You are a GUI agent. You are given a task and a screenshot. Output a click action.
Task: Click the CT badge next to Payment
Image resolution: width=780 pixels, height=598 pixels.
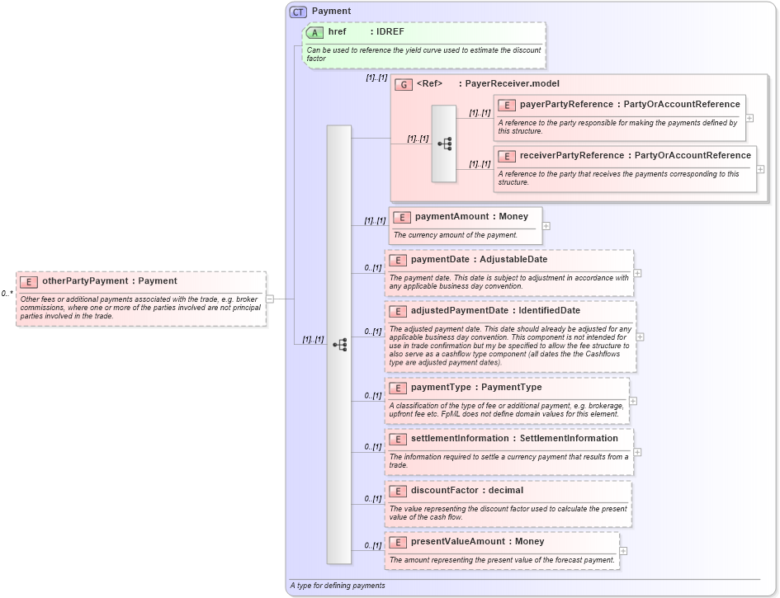tap(298, 12)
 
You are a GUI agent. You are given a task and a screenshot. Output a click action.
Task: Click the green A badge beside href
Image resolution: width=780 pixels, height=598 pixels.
tap(314, 32)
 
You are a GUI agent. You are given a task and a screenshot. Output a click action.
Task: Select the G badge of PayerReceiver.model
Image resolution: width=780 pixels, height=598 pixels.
tap(404, 84)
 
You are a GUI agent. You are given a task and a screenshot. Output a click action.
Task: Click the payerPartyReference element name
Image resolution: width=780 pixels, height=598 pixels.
tap(565, 105)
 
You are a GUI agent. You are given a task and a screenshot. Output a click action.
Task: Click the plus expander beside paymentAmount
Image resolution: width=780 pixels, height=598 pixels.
tap(546, 226)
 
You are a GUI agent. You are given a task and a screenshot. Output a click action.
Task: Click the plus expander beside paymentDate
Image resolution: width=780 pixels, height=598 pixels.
tap(637, 273)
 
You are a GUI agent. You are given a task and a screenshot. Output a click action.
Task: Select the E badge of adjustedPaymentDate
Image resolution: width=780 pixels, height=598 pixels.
tap(397, 311)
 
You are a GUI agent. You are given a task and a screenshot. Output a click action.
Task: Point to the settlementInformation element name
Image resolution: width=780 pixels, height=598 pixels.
tap(458, 439)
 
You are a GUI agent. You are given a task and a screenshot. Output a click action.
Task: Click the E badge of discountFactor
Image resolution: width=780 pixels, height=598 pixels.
tap(397, 491)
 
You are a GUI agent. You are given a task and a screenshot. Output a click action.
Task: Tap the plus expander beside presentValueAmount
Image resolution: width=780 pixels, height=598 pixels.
tap(623, 551)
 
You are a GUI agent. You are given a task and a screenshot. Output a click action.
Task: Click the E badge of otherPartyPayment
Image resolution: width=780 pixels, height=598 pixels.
tap(29, 281)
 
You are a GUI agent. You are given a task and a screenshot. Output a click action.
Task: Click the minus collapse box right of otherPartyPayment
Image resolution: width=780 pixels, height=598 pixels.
tap(270, 299)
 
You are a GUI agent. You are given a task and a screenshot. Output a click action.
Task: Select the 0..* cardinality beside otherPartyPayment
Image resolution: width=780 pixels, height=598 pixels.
tap(7, 294)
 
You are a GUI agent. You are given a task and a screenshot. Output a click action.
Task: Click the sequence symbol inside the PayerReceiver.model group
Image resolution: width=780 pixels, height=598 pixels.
tap(445, 144)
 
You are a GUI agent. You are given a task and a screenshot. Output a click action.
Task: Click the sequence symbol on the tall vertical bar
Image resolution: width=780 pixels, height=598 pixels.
tap(339, 345)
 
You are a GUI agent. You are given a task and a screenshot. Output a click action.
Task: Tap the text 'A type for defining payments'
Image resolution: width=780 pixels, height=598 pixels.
tap(337, 586)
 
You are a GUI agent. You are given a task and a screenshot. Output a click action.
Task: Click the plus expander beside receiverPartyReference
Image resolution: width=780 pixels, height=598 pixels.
tap(760, 169)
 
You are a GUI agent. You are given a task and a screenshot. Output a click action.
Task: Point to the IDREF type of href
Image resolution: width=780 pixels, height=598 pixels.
tap(390, 32)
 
